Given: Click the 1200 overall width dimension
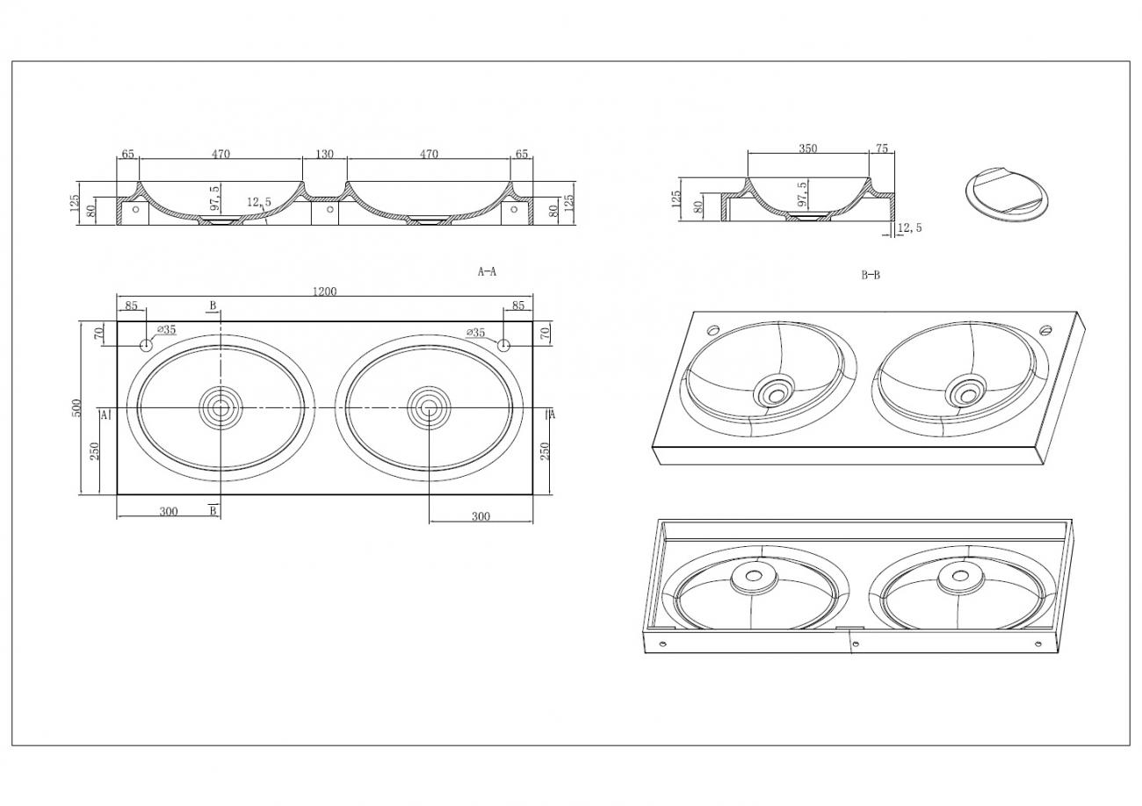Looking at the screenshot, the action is tap(325, 291).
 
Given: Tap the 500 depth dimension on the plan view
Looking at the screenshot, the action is tap(76, 408).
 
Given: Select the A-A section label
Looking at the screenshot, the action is tap(487, 272).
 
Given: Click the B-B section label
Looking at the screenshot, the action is tap(871, 276).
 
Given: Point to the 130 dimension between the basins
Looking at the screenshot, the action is tap(325, 154).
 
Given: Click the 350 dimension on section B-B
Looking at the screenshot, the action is tap(807, 148).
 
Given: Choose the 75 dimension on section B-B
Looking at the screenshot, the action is tap(881, 148).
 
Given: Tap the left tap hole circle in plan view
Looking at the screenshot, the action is tap(146, 345).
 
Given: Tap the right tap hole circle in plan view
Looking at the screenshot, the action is tap(503, 345).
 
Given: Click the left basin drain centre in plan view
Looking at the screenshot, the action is tap(220, 408).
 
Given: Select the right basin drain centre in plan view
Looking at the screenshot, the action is tap(429, 408).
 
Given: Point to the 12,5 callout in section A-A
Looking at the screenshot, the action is tap(259, 202).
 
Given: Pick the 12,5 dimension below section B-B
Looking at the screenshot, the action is tap(909, 227).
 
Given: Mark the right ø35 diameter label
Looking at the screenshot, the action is tap(475, 333).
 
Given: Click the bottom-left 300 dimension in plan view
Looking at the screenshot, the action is tap(169, 512).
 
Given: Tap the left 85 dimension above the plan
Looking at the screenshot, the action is tap(131, 306).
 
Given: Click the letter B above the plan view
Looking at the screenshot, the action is tap(213, 306).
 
